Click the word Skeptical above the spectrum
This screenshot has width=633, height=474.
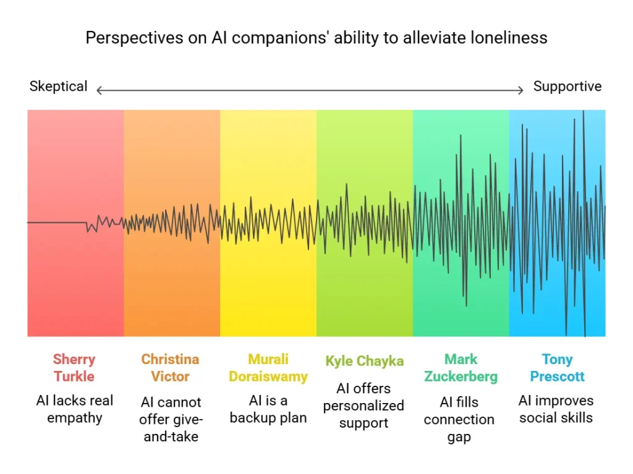(58, 86)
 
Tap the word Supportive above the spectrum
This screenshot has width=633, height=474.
(567, 86)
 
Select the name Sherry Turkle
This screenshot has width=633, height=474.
(74, 368)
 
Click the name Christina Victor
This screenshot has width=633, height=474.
(171, 368)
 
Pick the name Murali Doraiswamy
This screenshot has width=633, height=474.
(268, 368)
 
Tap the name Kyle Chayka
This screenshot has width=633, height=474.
(364, 361)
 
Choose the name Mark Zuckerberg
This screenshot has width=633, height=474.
(461, 368)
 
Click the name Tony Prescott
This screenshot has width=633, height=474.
(557, 368)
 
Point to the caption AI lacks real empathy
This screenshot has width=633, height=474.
(74, 409)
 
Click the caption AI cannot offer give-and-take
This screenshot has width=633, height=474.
(171, 420)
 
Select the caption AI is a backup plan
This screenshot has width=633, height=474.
(268, 409)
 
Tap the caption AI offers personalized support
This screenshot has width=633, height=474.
(364, 405)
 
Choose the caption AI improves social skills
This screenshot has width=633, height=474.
(557, 409)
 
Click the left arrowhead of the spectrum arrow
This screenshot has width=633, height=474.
(99, 91)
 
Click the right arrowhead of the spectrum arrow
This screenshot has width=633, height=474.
(521, 91)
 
